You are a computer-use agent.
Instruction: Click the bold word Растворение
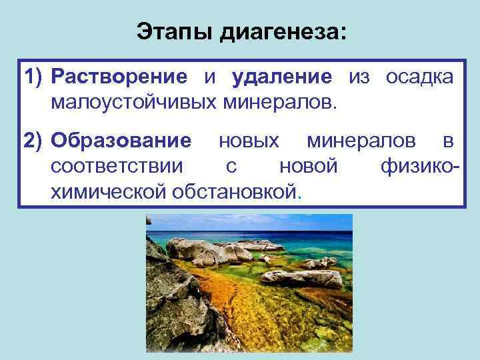(120, 77)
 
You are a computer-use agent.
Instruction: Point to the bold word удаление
(282, 77)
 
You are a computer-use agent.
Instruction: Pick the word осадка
(419, 77)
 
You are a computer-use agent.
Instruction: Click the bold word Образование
(121, 141)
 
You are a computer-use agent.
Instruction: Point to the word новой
(308, 167)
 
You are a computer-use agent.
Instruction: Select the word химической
(108, 192)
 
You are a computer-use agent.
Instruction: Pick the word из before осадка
(359, 77)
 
